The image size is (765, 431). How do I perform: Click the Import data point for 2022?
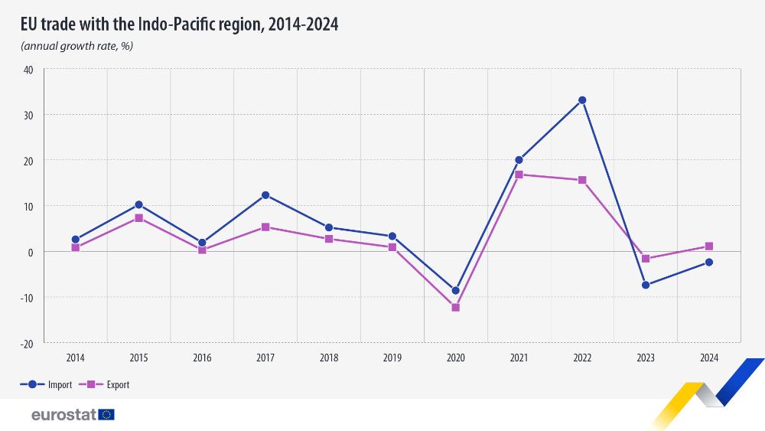click(x=582, y=100)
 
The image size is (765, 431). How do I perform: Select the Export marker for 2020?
click(x=455, y=308)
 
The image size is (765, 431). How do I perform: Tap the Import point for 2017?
click(x=265, y=195)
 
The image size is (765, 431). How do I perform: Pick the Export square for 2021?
click(x=519, y=175)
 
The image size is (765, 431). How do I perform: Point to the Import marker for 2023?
click(x=646, y=285)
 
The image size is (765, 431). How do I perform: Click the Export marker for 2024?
click(x=709, y=247)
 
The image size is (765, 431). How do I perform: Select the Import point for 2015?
click(x=138, y=204)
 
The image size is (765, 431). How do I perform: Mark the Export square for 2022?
click(x=582, y=180)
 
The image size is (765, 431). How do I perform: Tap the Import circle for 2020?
click(x=455, y=291)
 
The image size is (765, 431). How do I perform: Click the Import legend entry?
click(x=46, y=385)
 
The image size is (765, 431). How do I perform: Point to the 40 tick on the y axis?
click(x=28, y=70)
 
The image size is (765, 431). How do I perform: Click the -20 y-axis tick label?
click(x=27, y=343)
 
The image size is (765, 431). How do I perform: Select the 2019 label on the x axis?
click(x=392, y=357)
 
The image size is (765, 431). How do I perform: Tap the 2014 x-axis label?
click(x=75, y=357)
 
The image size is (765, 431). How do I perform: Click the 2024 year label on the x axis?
click(x=709, y=357)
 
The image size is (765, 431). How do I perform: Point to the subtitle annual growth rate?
click(x=77, y=46)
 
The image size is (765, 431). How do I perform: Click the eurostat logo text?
click(x=63, y=415)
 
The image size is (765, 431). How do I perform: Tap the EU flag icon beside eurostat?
click(x=106, y=415)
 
